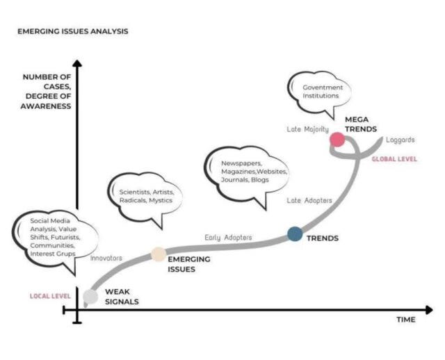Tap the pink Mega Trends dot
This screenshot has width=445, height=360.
coord(337,140)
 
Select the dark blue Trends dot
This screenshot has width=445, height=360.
coord(295,234)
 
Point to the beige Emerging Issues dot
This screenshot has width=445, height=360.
coord(158,254)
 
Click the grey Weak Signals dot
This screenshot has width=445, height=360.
coord(90,297)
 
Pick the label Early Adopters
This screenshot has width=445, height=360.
coord(228,238)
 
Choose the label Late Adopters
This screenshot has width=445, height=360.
coord(309,200)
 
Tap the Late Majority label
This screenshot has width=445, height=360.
coord(307,129)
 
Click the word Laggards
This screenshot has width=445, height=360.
coord(400,139)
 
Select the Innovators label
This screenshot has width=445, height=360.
coord(106,258)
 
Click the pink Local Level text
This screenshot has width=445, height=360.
coord(50,296)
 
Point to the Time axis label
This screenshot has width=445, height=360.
coord(405,320)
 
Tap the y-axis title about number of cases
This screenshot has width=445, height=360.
coord(47,91)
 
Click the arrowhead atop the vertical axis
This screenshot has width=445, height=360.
coord(77,65)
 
